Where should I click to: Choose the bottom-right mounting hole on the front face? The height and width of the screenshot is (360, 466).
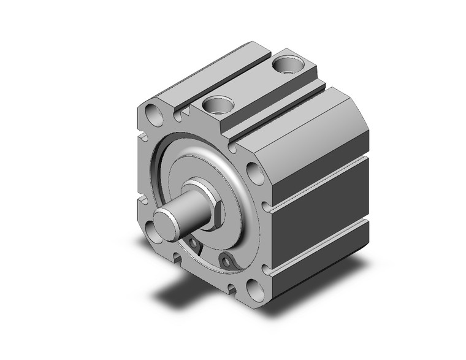(x=252, y=286)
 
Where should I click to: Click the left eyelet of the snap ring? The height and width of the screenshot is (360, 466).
(x=193, y=245)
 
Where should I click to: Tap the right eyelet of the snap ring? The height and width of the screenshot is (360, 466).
(x=228, y=263)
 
